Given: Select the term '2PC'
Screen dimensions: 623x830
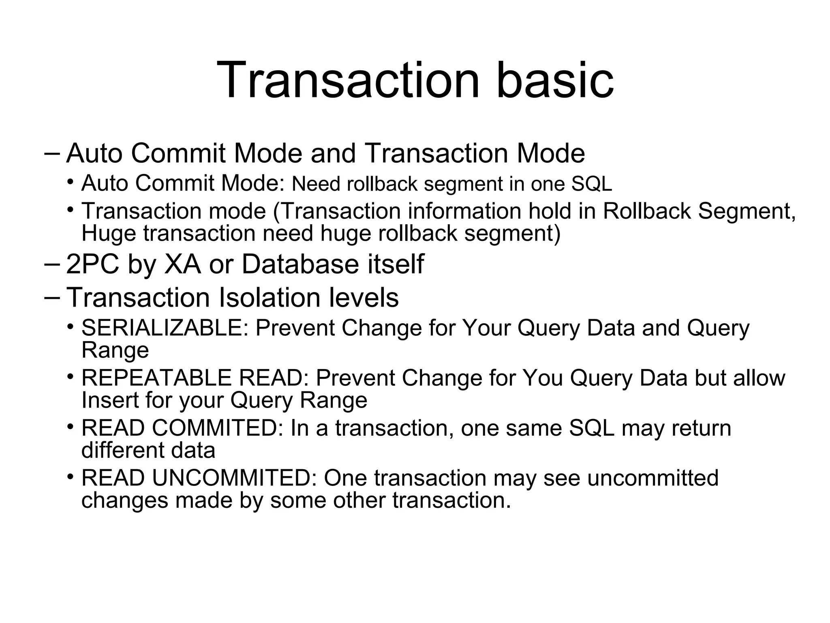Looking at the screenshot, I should click(x=92, y=264).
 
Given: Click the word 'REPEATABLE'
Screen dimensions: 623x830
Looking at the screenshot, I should click(x=156, y=378).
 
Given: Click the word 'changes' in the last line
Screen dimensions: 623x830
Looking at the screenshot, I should click(x=124, y=500).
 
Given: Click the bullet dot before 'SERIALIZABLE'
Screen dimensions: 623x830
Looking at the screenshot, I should click(x=71, y=327).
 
